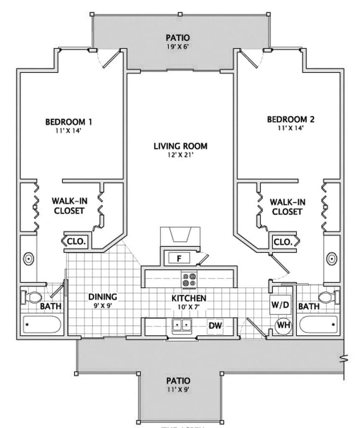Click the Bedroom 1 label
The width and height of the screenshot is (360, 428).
(x=69, y=122)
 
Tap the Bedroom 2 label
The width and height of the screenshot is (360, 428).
(x=291, y=120)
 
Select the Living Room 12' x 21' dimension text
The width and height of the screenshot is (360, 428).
(x=180, y=155)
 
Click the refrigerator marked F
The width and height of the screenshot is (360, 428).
(x=179, y=258)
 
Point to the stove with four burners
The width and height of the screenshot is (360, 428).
(x=189, y=279)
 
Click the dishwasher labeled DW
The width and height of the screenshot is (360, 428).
(x=215, y=326)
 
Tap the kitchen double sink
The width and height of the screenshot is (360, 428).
(x=181, y=324)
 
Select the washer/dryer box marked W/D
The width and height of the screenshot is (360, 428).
(x=281, y=305)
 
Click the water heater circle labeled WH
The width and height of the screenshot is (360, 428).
(x=283, y=324)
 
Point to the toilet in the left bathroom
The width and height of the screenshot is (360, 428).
(x=31, y=297)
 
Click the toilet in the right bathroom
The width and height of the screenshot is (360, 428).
(x=329, y=297)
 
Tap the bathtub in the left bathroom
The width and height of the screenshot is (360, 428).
(x=42, y=324)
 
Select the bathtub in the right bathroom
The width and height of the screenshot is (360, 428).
(x=319, y=324)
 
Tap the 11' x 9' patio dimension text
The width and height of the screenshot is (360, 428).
(x=179, y=390)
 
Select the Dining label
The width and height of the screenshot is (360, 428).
(x=102, y=297)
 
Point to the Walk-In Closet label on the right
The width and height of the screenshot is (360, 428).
(x=287, y=207)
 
